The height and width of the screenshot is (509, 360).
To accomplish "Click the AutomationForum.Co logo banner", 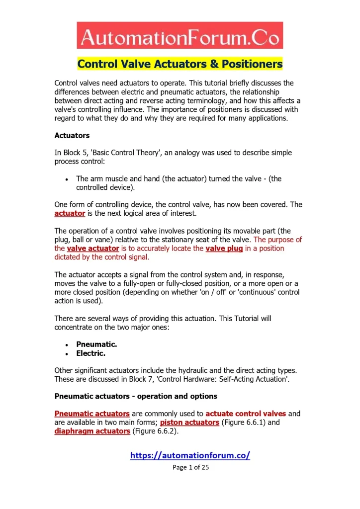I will pos(180,35).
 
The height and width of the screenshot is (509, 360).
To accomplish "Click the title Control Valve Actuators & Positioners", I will pos(180,64).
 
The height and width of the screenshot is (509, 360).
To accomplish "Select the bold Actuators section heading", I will pos(72,135).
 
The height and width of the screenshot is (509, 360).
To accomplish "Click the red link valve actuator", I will pos(93,248).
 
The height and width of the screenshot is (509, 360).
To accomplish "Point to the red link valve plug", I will pos(224,248).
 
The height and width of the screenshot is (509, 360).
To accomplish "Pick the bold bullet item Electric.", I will pos(90,354).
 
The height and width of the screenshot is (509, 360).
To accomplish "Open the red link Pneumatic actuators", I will pos(92,414).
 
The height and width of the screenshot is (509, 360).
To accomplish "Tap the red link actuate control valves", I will pos(246,414).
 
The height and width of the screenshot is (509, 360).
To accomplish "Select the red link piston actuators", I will pos(189,423).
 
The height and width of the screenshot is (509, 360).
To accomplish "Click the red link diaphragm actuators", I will pos(92,431).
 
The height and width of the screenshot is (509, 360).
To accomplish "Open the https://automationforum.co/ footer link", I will pos(190,455).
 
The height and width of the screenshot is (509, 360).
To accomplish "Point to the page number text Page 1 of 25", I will pos(190,467).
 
